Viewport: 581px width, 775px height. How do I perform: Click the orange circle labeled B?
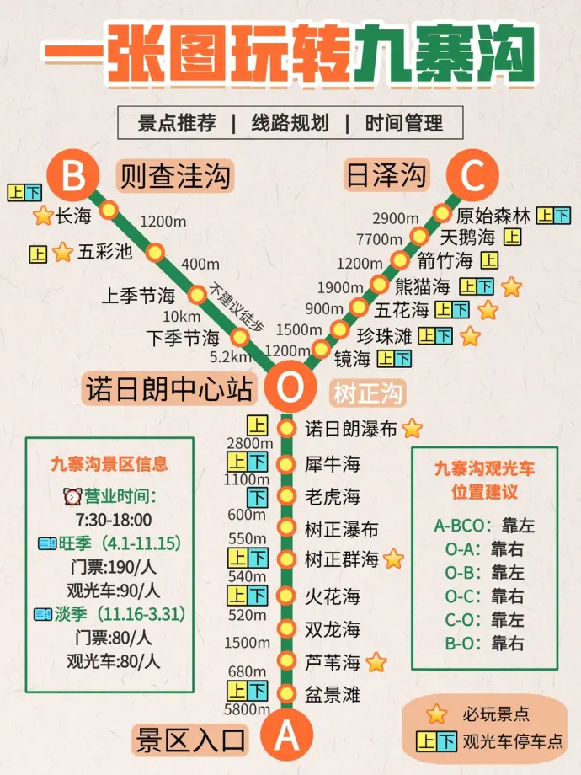74,177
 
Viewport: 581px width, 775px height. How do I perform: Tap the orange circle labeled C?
473,177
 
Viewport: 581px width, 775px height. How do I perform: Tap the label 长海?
73,216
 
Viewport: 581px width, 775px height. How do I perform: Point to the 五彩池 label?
105,252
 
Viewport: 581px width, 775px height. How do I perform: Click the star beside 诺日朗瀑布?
412,429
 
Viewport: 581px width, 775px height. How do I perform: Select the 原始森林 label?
493,215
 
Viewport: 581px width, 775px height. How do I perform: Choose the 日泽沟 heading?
386,176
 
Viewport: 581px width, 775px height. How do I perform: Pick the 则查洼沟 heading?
174,176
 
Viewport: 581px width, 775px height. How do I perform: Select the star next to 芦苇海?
376,662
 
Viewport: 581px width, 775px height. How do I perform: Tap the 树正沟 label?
367,393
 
